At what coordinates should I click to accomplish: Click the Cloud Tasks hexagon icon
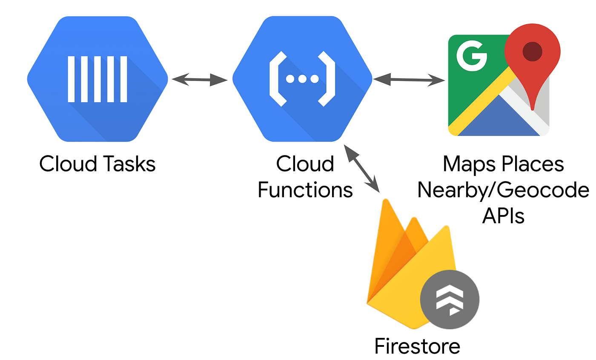click(97, 79)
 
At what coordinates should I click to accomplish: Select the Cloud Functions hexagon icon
click(303, 79)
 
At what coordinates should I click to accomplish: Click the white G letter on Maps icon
click(471, 56)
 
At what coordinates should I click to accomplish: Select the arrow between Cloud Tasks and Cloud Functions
click(200, 79)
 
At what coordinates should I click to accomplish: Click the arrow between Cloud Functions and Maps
click(409, 79)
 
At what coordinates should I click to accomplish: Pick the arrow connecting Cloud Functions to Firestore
click(362, 168)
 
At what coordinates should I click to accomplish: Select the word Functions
click(305, 190)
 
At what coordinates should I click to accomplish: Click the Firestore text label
click(417, 346)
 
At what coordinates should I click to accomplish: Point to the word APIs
click(503, 216)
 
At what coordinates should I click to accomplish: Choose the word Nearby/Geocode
click(503, 190)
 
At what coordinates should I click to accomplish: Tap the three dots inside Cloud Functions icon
click(302, 79)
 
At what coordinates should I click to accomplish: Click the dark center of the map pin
click(532, 51)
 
